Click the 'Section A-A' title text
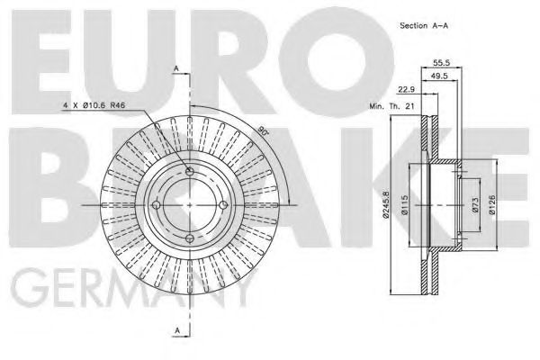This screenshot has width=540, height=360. click(425, 28)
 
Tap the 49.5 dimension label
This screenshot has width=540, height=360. click(441, 78)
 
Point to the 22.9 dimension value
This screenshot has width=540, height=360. click(405, 88)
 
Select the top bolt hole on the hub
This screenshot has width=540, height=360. click(190, 172)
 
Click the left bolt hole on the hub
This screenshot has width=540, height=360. click(156, 205)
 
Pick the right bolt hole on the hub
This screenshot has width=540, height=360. click(223, 205)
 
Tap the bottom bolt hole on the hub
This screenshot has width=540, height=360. click(190, 238)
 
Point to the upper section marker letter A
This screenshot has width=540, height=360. click(176, 69)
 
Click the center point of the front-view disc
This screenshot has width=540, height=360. click(190, 205)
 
